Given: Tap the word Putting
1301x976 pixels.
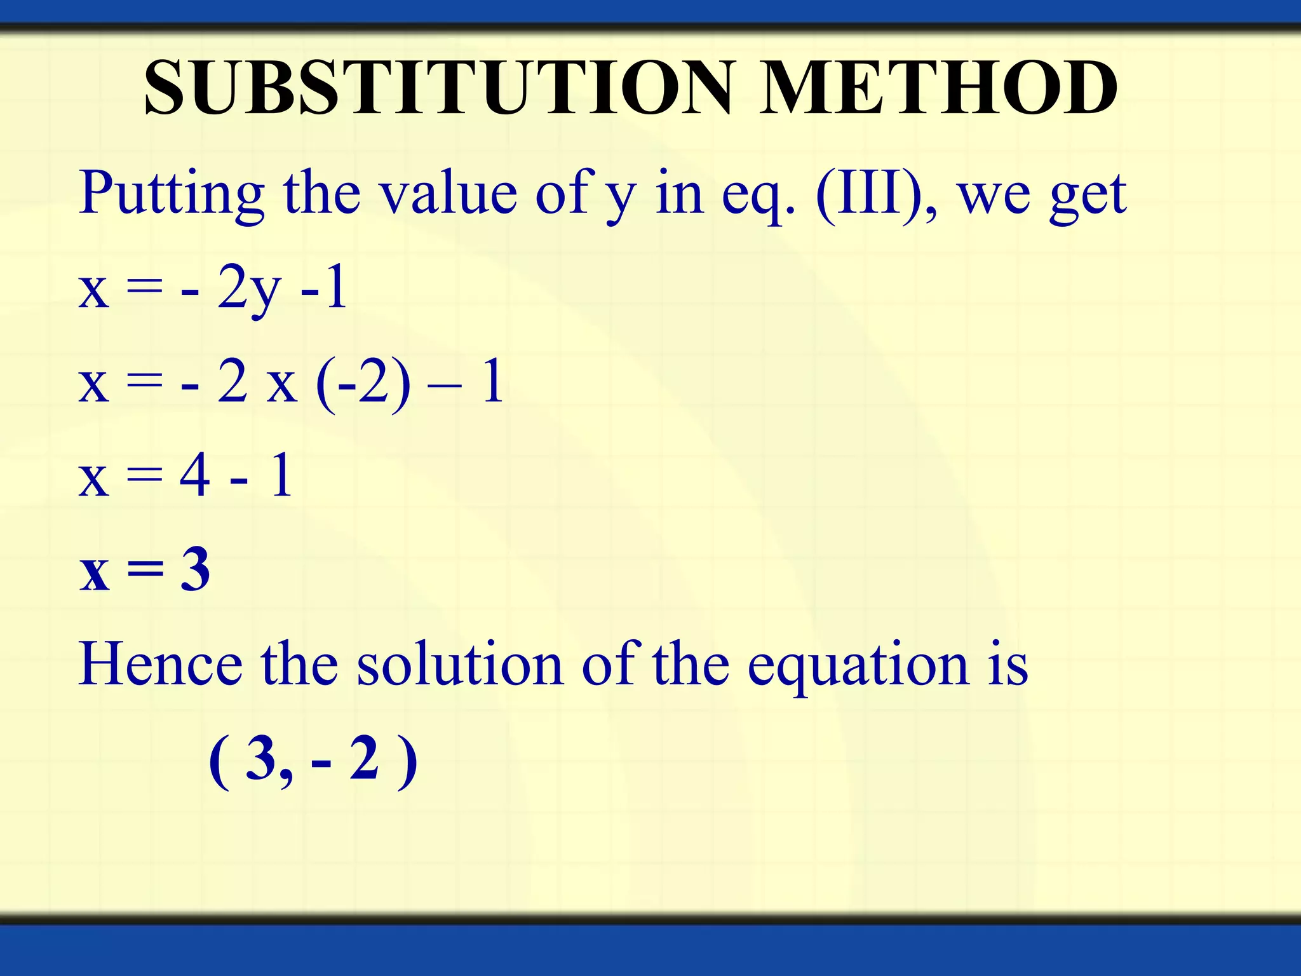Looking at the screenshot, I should [172, 193].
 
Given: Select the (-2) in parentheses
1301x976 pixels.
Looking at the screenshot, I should [363, 383].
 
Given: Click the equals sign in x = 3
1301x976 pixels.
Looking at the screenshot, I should [145, 571].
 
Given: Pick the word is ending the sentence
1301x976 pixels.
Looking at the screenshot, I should [1008, 665].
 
